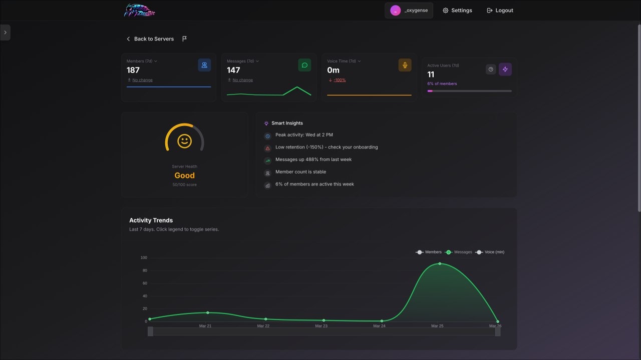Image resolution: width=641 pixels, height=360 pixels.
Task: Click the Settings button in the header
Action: (457, 10)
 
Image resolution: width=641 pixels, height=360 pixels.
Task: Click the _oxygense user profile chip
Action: (409, 10)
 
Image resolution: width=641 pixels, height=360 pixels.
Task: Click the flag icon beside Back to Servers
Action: (184, 39)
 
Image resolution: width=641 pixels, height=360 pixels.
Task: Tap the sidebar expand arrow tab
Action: (5, 32)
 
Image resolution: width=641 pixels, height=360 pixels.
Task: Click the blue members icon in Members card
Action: (204, 65)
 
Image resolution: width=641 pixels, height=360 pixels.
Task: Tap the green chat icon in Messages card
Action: (304, 65)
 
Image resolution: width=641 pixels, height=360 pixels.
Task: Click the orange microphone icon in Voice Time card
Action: (405, 65)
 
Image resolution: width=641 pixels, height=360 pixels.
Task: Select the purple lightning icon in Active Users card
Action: (505, 69)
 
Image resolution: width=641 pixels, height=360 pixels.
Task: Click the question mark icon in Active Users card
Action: (491, 69)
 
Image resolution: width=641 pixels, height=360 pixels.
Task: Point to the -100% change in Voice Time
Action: (340, 80)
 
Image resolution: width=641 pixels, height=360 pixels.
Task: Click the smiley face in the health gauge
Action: (184, 141)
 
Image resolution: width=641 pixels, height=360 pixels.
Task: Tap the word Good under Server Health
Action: (184, 175)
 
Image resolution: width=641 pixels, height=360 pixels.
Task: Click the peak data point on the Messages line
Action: (440, 263)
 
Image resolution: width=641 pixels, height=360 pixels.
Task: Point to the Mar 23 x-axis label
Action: (321, 326)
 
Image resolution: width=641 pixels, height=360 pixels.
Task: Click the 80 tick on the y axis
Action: (144, 270)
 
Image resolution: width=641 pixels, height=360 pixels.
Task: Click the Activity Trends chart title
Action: (151, 220)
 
